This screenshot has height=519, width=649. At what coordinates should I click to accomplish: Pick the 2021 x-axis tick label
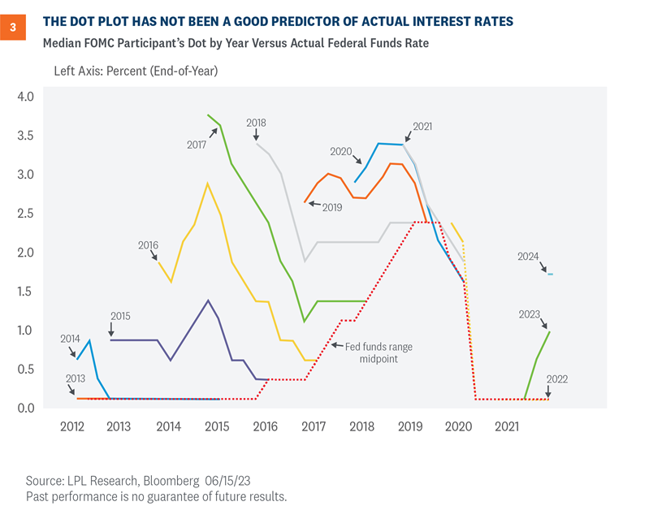click(508, 426)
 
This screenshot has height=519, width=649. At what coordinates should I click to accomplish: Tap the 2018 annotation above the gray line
click(257, 123)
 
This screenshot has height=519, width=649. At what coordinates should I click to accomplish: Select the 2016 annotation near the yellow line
click(149, 244)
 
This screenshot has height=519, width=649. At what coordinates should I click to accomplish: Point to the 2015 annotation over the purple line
click(120, 315)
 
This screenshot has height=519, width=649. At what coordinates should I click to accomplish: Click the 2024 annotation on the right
click(528, 257)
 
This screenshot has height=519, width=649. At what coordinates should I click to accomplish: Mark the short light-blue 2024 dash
click(551, 275)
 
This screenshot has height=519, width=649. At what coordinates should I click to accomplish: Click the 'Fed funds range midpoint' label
click(380, 352)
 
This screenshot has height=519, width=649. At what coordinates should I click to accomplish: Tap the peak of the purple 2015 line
click(208, 301)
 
